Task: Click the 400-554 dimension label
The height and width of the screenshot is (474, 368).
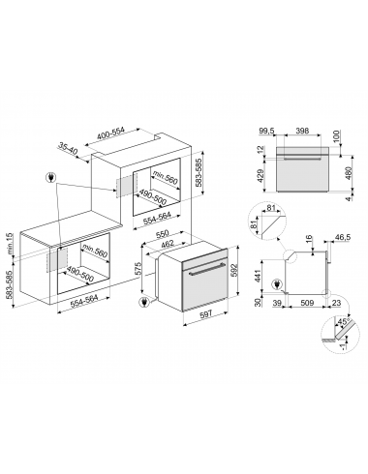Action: coord(110,134)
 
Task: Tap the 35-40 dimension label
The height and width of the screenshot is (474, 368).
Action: coord(68,149)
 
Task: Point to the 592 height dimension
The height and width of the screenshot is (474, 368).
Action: coord(234,271)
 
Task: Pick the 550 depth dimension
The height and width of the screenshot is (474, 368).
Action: coord(163,234)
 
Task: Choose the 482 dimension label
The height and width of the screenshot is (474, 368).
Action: coord(167,244)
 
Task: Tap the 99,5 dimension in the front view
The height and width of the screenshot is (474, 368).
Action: coord(266,131)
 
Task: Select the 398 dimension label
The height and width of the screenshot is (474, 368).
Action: coord(302,131)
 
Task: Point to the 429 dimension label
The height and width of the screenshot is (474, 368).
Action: coord(261,175)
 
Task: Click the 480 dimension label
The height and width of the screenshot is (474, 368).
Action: coord(349,173)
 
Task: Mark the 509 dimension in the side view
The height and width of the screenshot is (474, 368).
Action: coord(307,303)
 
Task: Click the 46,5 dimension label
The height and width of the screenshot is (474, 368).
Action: coord(343,238)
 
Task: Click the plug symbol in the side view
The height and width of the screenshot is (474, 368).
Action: coord(277,284)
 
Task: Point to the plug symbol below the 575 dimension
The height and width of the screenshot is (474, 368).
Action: coord(142,302)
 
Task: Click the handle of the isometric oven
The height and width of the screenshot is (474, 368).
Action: coord(207,269)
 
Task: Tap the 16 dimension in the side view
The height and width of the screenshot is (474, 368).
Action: coord(309,239)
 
